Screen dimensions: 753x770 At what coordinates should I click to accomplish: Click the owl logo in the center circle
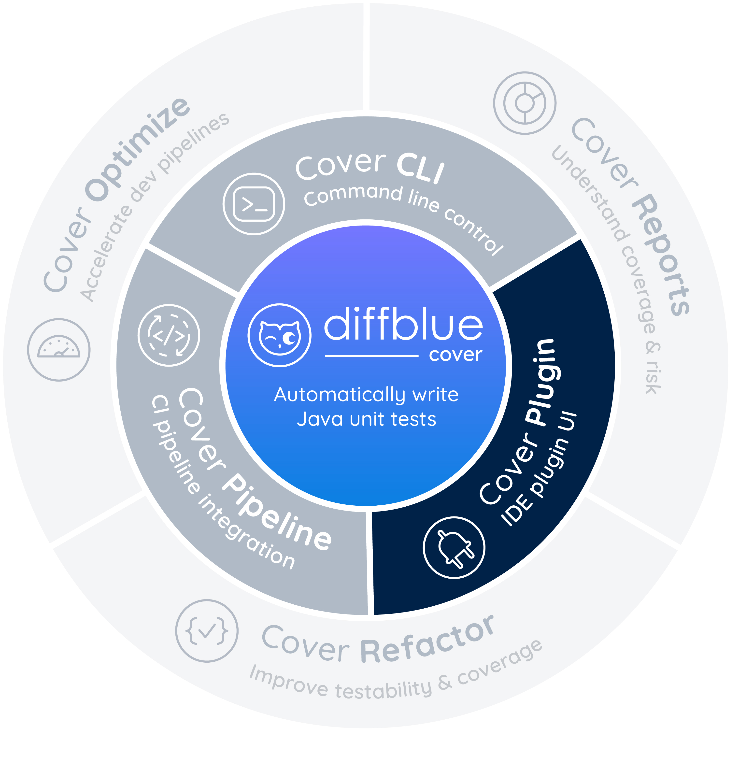click(280, 335)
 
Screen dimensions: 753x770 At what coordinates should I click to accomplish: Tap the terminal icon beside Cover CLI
click(254, 204)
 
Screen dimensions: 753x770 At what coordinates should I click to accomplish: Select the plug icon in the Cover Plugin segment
click(454, 547)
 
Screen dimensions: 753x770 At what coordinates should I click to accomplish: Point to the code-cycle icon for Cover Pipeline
click(169, 335)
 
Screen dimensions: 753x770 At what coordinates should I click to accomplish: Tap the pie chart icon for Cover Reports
click(525, 103)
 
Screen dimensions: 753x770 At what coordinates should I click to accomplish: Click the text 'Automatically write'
click(367, 395)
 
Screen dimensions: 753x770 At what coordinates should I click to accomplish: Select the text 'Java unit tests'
click(367, 419)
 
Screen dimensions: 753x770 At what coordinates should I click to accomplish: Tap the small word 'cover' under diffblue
click(455, 355)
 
